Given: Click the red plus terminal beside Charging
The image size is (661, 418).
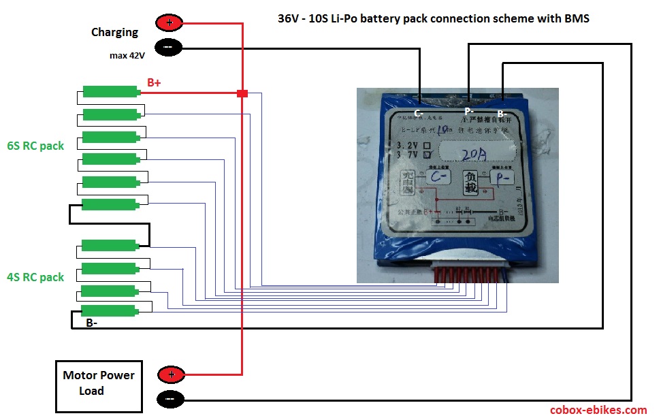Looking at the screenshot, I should tap(170, 23).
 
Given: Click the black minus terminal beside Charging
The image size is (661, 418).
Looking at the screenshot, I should tap(170, 48).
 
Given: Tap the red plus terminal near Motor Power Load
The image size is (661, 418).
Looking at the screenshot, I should tap(171, 374).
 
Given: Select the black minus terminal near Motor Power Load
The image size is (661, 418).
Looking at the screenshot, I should tap(171, 398).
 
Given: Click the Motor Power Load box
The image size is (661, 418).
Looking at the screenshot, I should tap(99, 386).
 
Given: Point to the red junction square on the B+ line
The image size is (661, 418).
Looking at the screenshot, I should tap(242, 93).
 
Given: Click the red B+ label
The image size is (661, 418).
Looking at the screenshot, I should tap(154, 83).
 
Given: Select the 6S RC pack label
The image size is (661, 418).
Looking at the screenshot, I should tap(35, 146).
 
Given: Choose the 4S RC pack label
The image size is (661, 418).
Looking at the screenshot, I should tap(35, 277).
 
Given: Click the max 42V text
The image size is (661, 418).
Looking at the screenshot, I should tap(127, 55).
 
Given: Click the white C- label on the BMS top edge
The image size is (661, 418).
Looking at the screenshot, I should tap(419, 114).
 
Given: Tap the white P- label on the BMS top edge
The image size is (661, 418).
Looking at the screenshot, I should tap(469, 111).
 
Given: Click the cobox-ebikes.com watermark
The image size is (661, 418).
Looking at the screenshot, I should tap(598, 410).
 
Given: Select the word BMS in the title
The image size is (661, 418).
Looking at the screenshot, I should tap(576, 18).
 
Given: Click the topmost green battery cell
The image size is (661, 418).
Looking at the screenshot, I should tap(110, 91).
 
